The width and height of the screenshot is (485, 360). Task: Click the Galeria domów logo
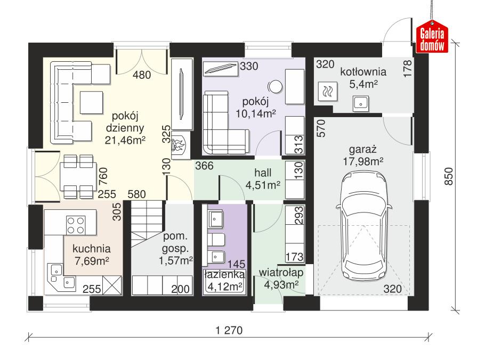432,39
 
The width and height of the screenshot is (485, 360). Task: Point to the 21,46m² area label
126,141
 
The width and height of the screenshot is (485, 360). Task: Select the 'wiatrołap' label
281,273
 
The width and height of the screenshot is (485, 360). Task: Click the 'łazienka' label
224,275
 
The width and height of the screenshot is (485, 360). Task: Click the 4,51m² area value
263,185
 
